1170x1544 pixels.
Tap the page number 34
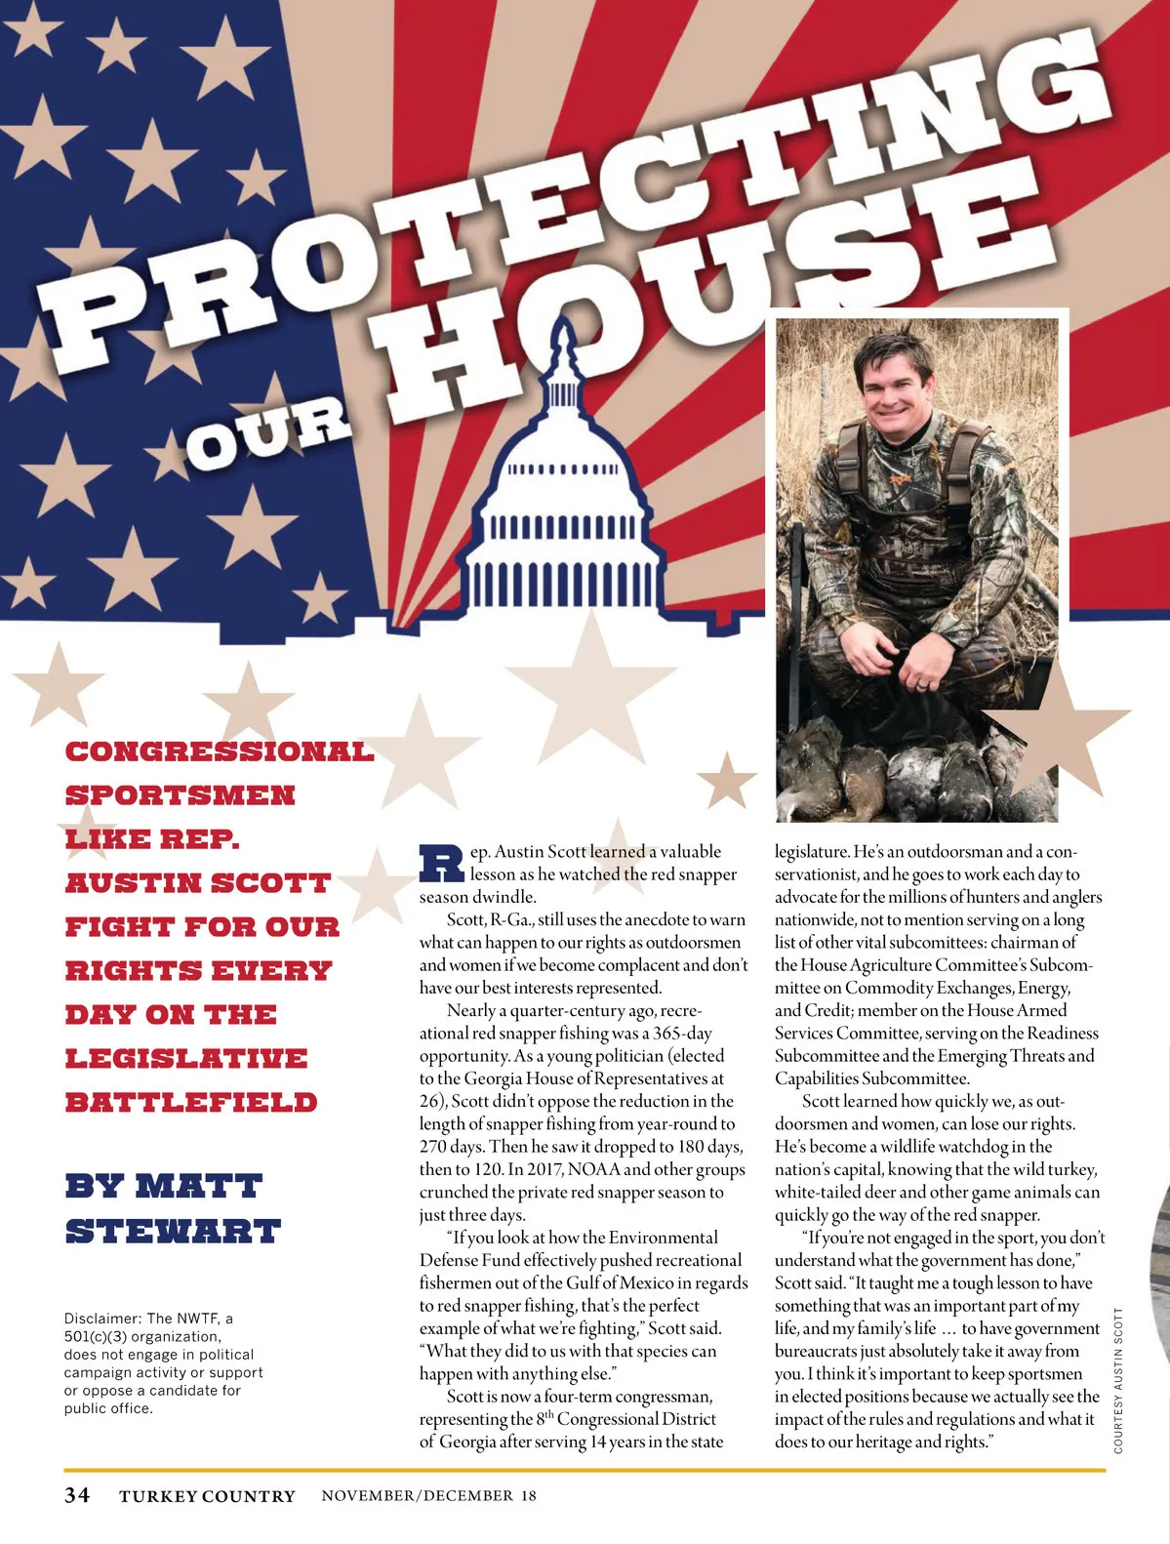click(x=77, y=1495)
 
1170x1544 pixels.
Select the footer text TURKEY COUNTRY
click(x=207, y=1496)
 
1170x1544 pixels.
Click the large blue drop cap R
click(x=441, y=862)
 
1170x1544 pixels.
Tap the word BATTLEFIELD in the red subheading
click(x=191, y=1103)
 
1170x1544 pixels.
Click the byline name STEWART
click(x=173, y=1232)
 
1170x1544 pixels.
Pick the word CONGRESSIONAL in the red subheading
click(x=220, y=752)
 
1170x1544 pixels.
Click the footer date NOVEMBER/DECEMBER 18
click(x=428, y=1496)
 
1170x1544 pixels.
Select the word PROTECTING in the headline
click(x=576, y=195)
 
